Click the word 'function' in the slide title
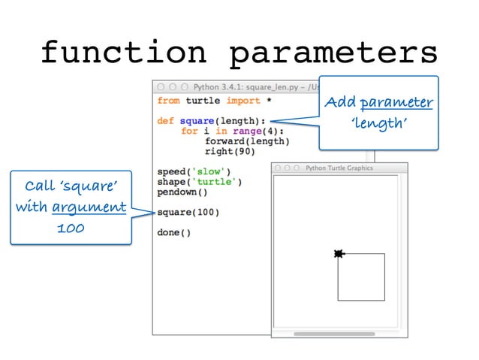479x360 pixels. point(122,53)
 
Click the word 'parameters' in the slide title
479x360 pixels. point(333,53)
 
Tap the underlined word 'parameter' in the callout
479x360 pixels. point(396,102)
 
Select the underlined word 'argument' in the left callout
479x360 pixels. point(89,206)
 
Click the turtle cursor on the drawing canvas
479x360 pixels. point(339,254)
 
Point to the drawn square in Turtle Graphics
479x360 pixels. point(361,277)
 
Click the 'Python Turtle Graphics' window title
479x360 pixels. point(339,168)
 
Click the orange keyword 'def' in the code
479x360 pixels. point(166,121)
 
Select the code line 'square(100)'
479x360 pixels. point(188,213)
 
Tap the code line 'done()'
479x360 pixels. point(174,232)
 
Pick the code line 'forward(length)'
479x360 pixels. point(247,141)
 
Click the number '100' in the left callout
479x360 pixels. point(71,226)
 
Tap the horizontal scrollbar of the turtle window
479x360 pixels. point(333,333)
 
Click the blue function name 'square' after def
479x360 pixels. point(197,121)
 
